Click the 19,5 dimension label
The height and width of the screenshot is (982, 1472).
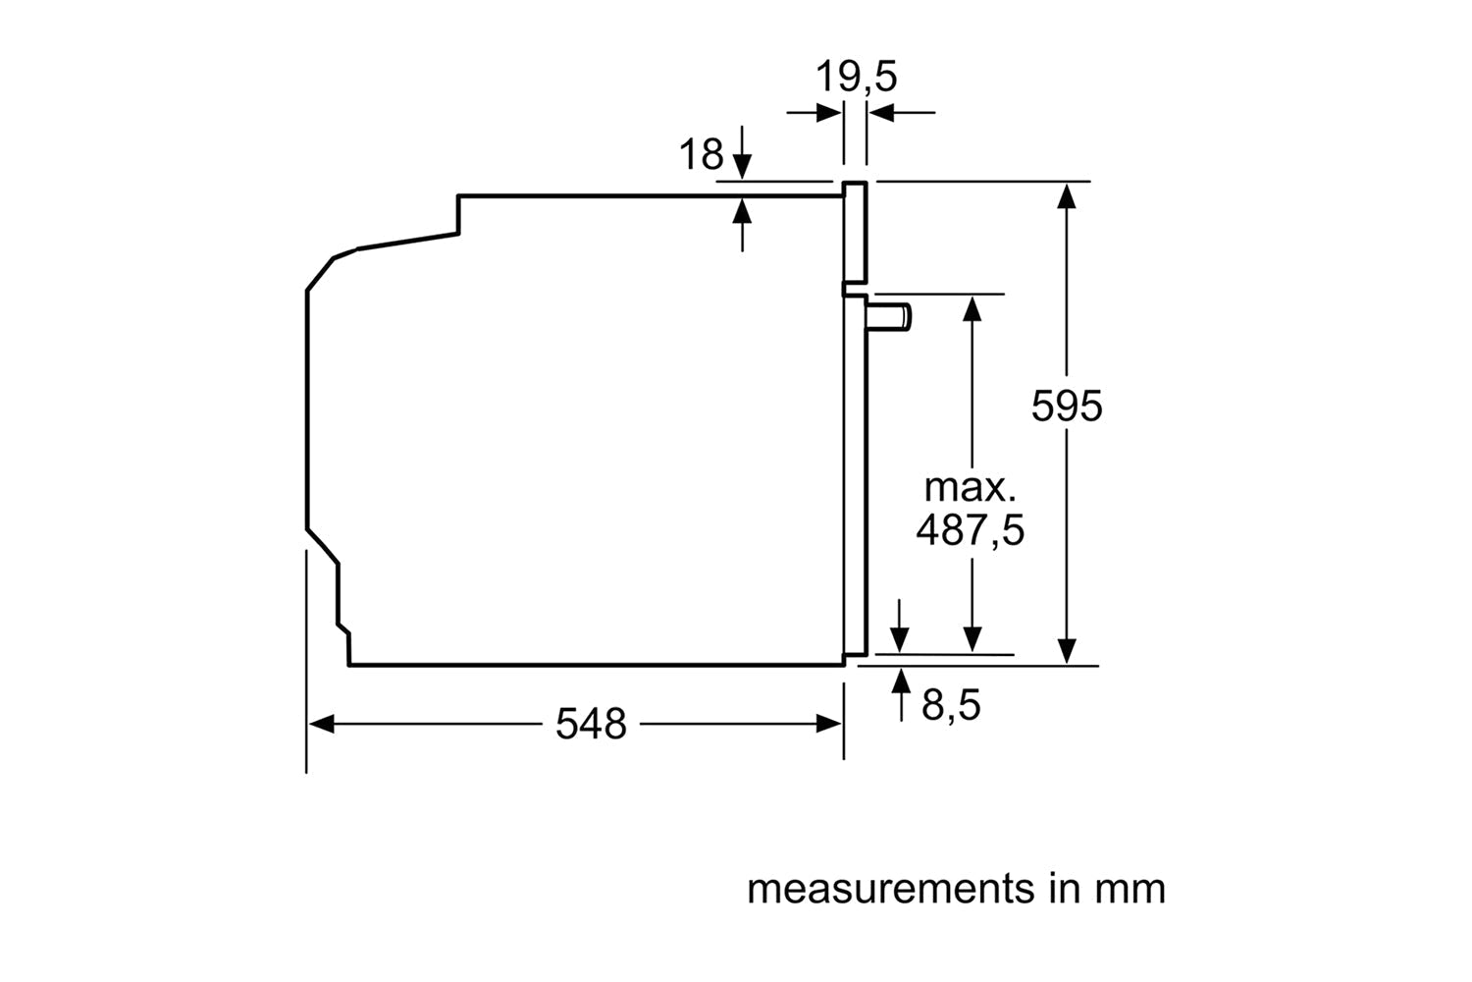pyautogui.click(x=857, y=77)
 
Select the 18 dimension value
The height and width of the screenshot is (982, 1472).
pyautogui.click(x=701, y=155)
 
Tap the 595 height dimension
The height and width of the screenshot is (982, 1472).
pyautogui.click(x=1067, y=406)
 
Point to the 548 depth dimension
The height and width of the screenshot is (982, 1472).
pyautogui.click(x=591, y=725)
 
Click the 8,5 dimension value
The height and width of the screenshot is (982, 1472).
pyautogui.click(x=951, y=705)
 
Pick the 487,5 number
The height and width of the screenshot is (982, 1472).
pyautogui.click(x=970, y=530)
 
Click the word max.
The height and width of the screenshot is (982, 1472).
pyautogui.click(x=970, y=487)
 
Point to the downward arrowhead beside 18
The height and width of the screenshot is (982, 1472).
pyautogui.click(x=743, y=168)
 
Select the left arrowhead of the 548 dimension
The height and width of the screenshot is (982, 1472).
pyautogui.click(x=320, y=725)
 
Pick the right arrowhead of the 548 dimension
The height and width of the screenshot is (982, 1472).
pyautogui.click(x=830, y=725)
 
